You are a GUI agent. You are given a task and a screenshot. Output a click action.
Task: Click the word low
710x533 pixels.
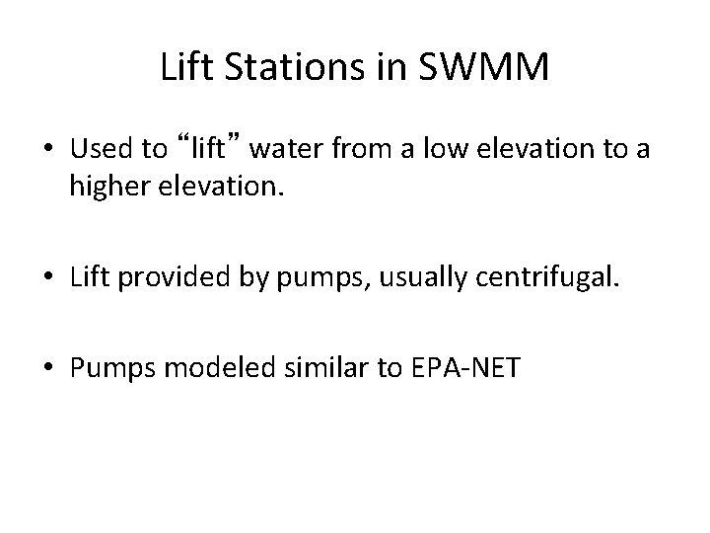[440, 150]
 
